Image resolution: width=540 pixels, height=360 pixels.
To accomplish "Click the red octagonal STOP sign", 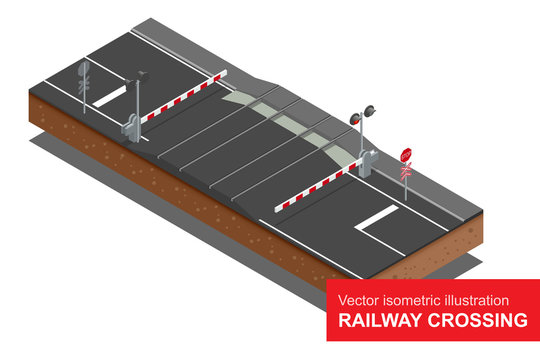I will [x=406, y=155].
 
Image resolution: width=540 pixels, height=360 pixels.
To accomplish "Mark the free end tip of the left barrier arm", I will [x=227, y=71].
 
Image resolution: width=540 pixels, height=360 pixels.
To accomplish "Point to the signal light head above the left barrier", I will [x=142, y=74].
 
